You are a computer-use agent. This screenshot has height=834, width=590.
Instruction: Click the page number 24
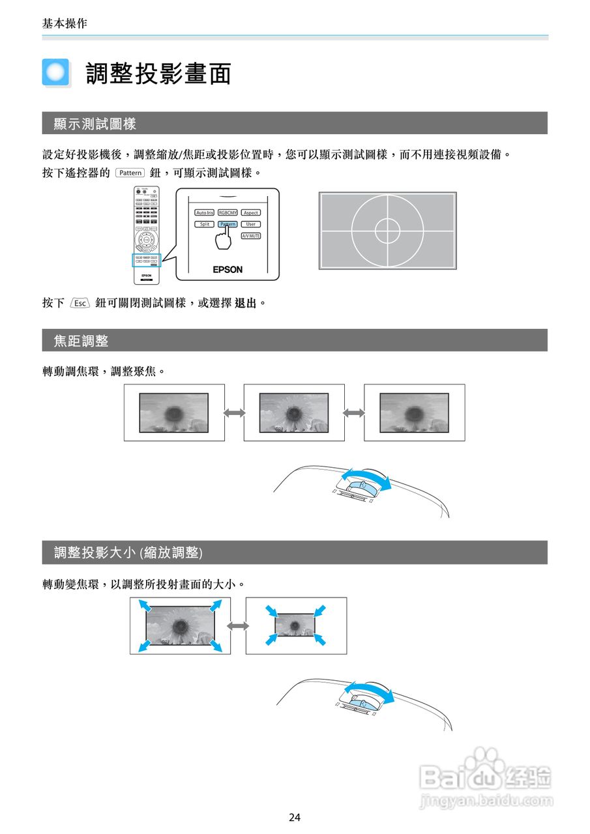[x=295, y=817]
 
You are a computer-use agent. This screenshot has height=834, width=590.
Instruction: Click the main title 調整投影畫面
[x=158, y=74]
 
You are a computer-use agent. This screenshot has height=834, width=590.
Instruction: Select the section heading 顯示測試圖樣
[x=95, y=122]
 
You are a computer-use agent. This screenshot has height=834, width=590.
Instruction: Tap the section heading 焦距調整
[x=81, y=340]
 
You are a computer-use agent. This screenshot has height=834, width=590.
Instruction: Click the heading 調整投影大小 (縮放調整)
[x=128, y=553]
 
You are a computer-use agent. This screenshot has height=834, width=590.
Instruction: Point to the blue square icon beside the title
[x=55, y=72]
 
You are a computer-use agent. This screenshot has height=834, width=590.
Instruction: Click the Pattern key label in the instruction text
[x=130, y=173]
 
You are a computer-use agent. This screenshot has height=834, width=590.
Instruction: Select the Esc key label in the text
[x=80, y=303]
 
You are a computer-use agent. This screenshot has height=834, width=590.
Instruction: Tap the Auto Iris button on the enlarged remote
[x=205, y=212]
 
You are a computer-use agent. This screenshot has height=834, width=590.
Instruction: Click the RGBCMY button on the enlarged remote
[x=228, y=212]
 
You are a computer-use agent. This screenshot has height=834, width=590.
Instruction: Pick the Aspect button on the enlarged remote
[x=251, y=212]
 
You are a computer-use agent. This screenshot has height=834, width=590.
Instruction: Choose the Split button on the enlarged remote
[x=205, y=224]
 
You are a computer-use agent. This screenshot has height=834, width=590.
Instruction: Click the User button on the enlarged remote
[x=251, y=224]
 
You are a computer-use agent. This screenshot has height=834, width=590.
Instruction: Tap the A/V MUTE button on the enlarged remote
[x=251, y=236]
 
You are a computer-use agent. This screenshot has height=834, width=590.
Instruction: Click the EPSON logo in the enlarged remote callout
[x=228, y=269]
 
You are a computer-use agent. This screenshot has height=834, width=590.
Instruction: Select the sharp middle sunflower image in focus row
[x=294, y=412]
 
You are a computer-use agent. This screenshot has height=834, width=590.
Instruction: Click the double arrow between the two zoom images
[x=238, y=625]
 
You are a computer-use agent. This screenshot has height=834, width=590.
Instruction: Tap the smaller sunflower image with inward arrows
[x=295, y=625]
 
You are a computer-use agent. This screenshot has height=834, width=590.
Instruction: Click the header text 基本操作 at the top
[x=65, y=23]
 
